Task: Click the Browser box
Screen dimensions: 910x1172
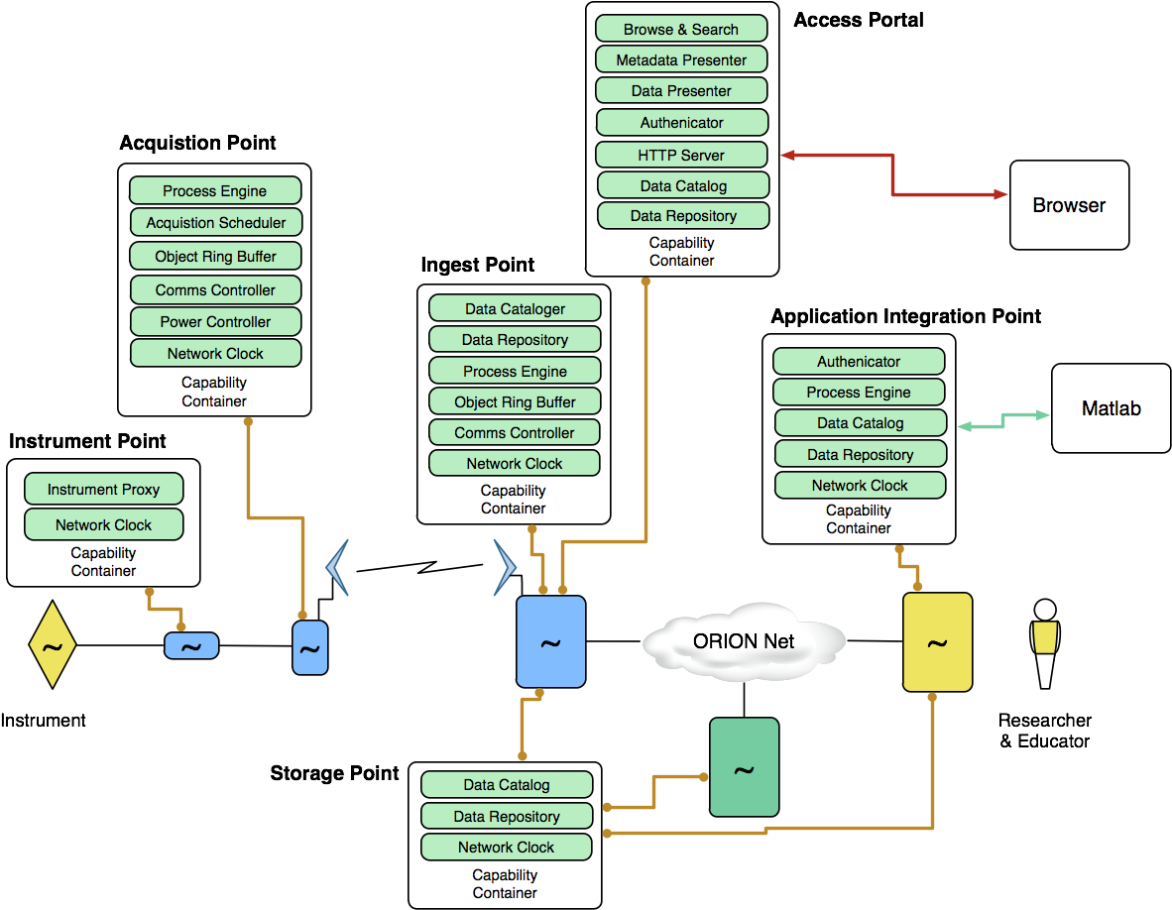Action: click(x=1069, y=205)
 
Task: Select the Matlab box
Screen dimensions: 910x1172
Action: click(x=1111, y=408)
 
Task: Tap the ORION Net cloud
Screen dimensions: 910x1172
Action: click(x=744, y=641)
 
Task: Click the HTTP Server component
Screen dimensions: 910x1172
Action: click(x=681, y=155)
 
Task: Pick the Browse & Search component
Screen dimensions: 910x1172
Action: click(x=681, y=29)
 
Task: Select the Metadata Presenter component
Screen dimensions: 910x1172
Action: click(x=681, y=59)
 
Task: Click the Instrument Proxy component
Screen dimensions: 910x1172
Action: click(x=103, y=490)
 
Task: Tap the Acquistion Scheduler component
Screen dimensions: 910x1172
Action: click(x=215, y=223)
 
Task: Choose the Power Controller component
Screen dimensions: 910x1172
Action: click(x=215, y=322)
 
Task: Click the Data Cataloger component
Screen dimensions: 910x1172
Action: click(x=515, y=308)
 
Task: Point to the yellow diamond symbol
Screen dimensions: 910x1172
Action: click(x=53, y=646)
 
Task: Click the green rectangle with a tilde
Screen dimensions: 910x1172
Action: click(x=744, y=767)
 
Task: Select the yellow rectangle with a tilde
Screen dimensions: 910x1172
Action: click(x=937, y=642)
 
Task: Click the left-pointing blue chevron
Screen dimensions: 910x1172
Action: click(x=338, y=568)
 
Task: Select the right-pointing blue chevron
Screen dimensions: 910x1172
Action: click(x=506, y=568)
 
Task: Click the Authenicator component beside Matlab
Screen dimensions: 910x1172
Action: click(x=859, y=362)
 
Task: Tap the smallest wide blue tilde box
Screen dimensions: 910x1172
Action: click(x=190, y=646)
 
